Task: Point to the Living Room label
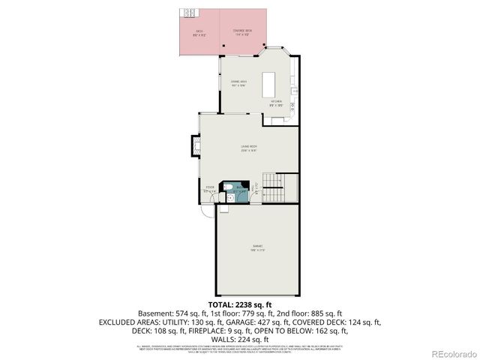click(249, 148)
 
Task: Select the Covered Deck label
click(240, 32)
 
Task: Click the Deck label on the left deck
click(199, 32)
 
